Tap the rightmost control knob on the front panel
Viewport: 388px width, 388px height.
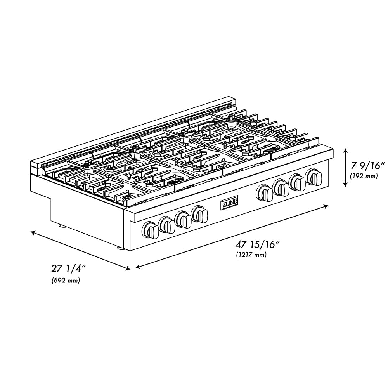click(314, 177)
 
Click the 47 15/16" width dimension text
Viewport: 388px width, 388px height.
click(258, 244)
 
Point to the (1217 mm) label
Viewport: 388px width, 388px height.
click(251, 255)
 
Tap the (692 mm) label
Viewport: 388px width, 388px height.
click(66, 281)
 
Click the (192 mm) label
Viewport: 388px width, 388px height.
click(364, 176)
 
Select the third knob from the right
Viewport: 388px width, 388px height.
click(281, 187)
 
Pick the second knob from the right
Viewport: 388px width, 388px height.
click(298, 182)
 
